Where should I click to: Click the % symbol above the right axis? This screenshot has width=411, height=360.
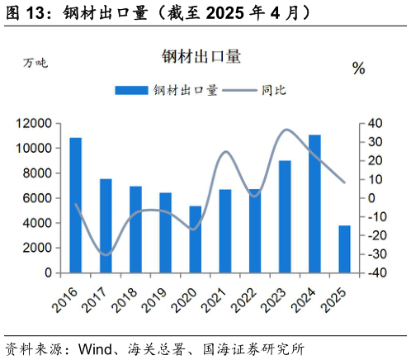tap(358, 69)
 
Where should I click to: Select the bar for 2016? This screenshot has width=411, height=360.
tap(75, 205)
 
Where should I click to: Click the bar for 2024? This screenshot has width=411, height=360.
tap(314, 203)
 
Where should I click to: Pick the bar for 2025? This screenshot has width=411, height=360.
tap(344, 249)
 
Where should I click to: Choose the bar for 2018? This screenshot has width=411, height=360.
tap(135, 229)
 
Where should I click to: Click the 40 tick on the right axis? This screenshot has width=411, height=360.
tap(374, 123)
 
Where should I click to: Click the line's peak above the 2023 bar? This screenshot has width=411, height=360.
tap(286, 130)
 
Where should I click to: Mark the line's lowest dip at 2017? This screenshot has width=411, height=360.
tap(106, 254)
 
